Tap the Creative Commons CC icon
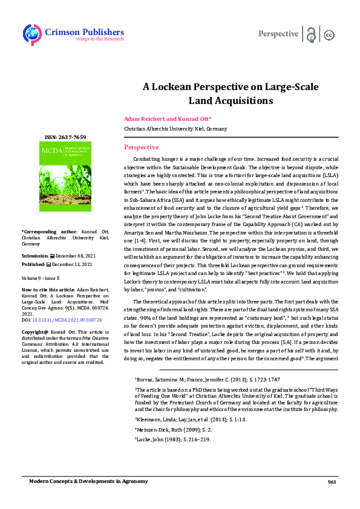[x=330, y=34]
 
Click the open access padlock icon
[x=311, y=34]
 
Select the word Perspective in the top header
[x=278, y=34]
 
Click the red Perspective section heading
[x=141, y=148]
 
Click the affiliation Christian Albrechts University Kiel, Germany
[x=175, y=129]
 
